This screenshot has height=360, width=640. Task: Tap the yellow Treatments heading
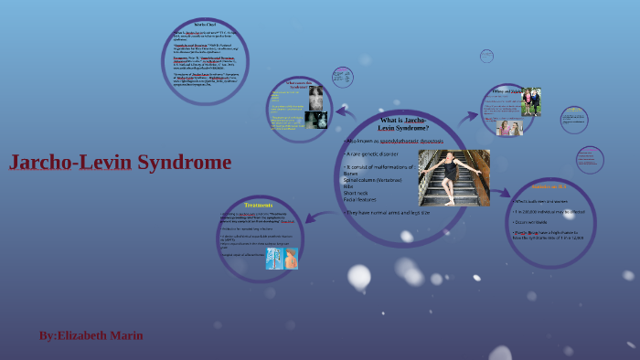[x=258, y=206]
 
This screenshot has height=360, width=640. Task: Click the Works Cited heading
[x=206, y=25]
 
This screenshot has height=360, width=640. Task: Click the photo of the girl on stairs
[x=454, y=177]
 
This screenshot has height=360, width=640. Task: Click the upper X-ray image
[x=316, y=96]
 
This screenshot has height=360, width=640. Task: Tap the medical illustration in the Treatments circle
[x=282, y=259]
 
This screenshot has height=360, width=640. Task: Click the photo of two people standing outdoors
[x=530, y=101]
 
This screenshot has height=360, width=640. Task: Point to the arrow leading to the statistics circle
[x=500, y=193]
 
